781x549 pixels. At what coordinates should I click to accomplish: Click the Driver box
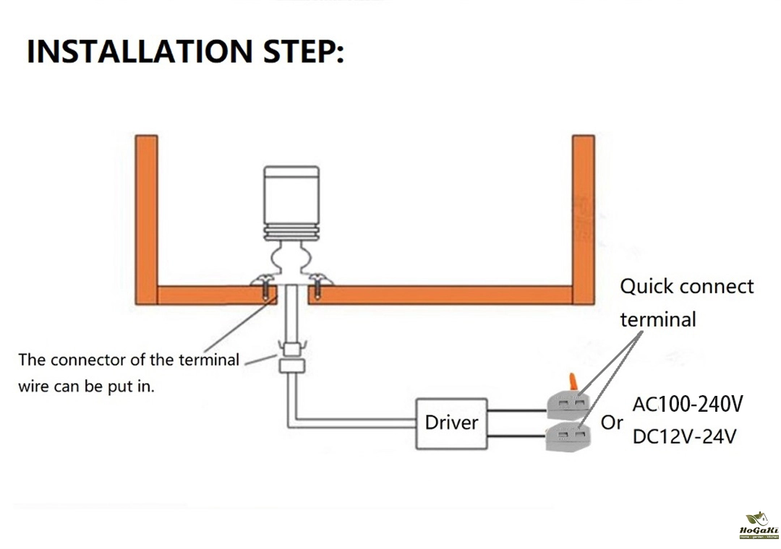pos(451,422)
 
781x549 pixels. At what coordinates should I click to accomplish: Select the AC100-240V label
pos(688,404)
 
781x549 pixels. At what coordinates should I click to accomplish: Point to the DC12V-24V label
pos(685,436)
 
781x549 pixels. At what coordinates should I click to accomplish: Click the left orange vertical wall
pos(146,217)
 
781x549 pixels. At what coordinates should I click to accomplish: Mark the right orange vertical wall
pos(583,217)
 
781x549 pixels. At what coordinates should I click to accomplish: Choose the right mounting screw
pos(317,286)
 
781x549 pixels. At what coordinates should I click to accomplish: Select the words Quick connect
pos(687,287)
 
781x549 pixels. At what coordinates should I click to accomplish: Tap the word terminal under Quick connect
pos(658,319)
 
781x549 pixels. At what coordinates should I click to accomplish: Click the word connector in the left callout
pos(88,360)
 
